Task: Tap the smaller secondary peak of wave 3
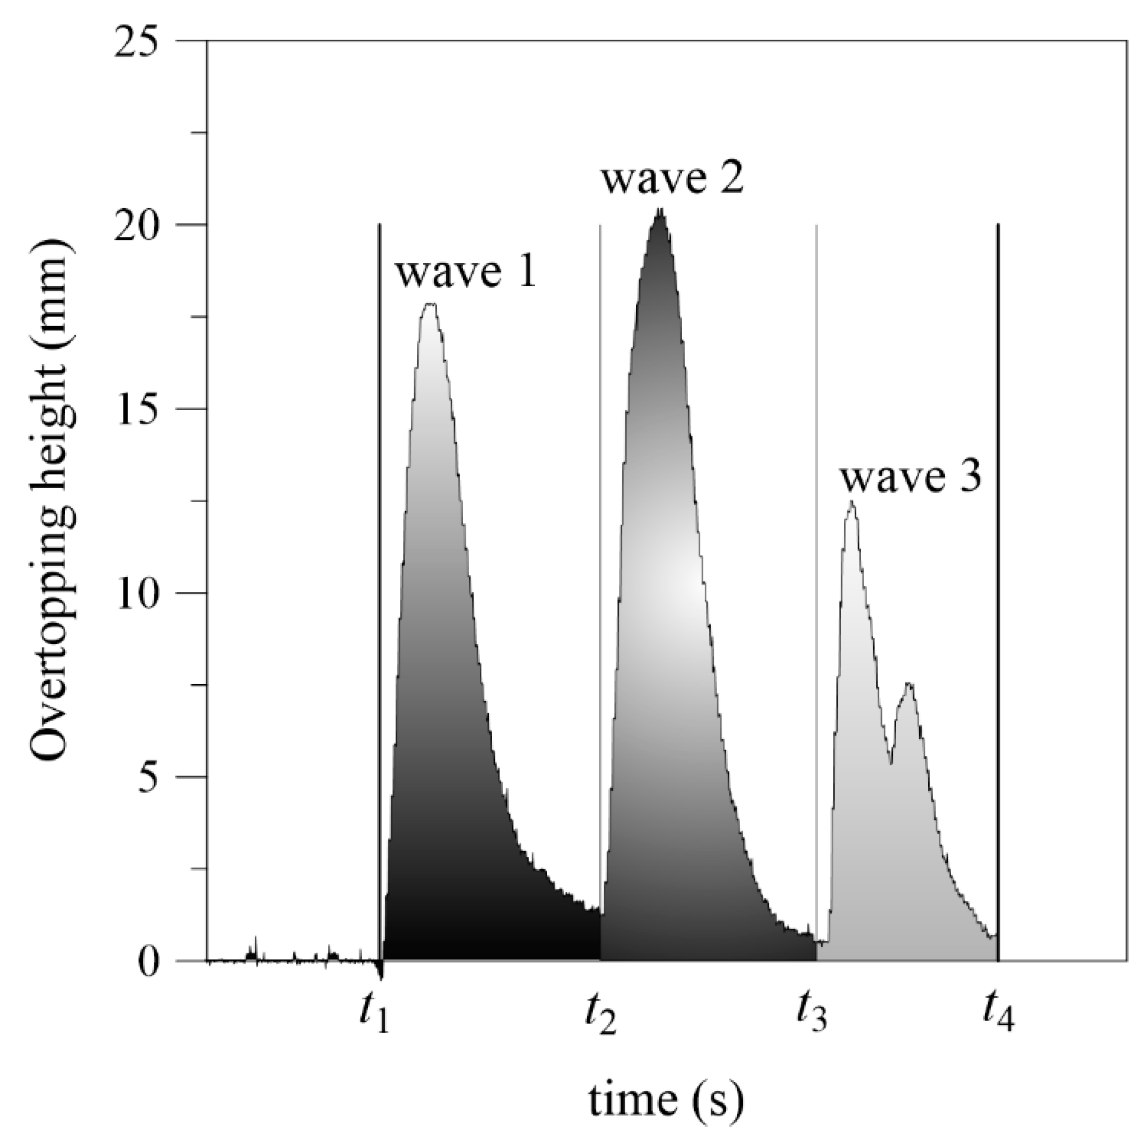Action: (x=909, y=684)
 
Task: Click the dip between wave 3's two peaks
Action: (x=891, y=763)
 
